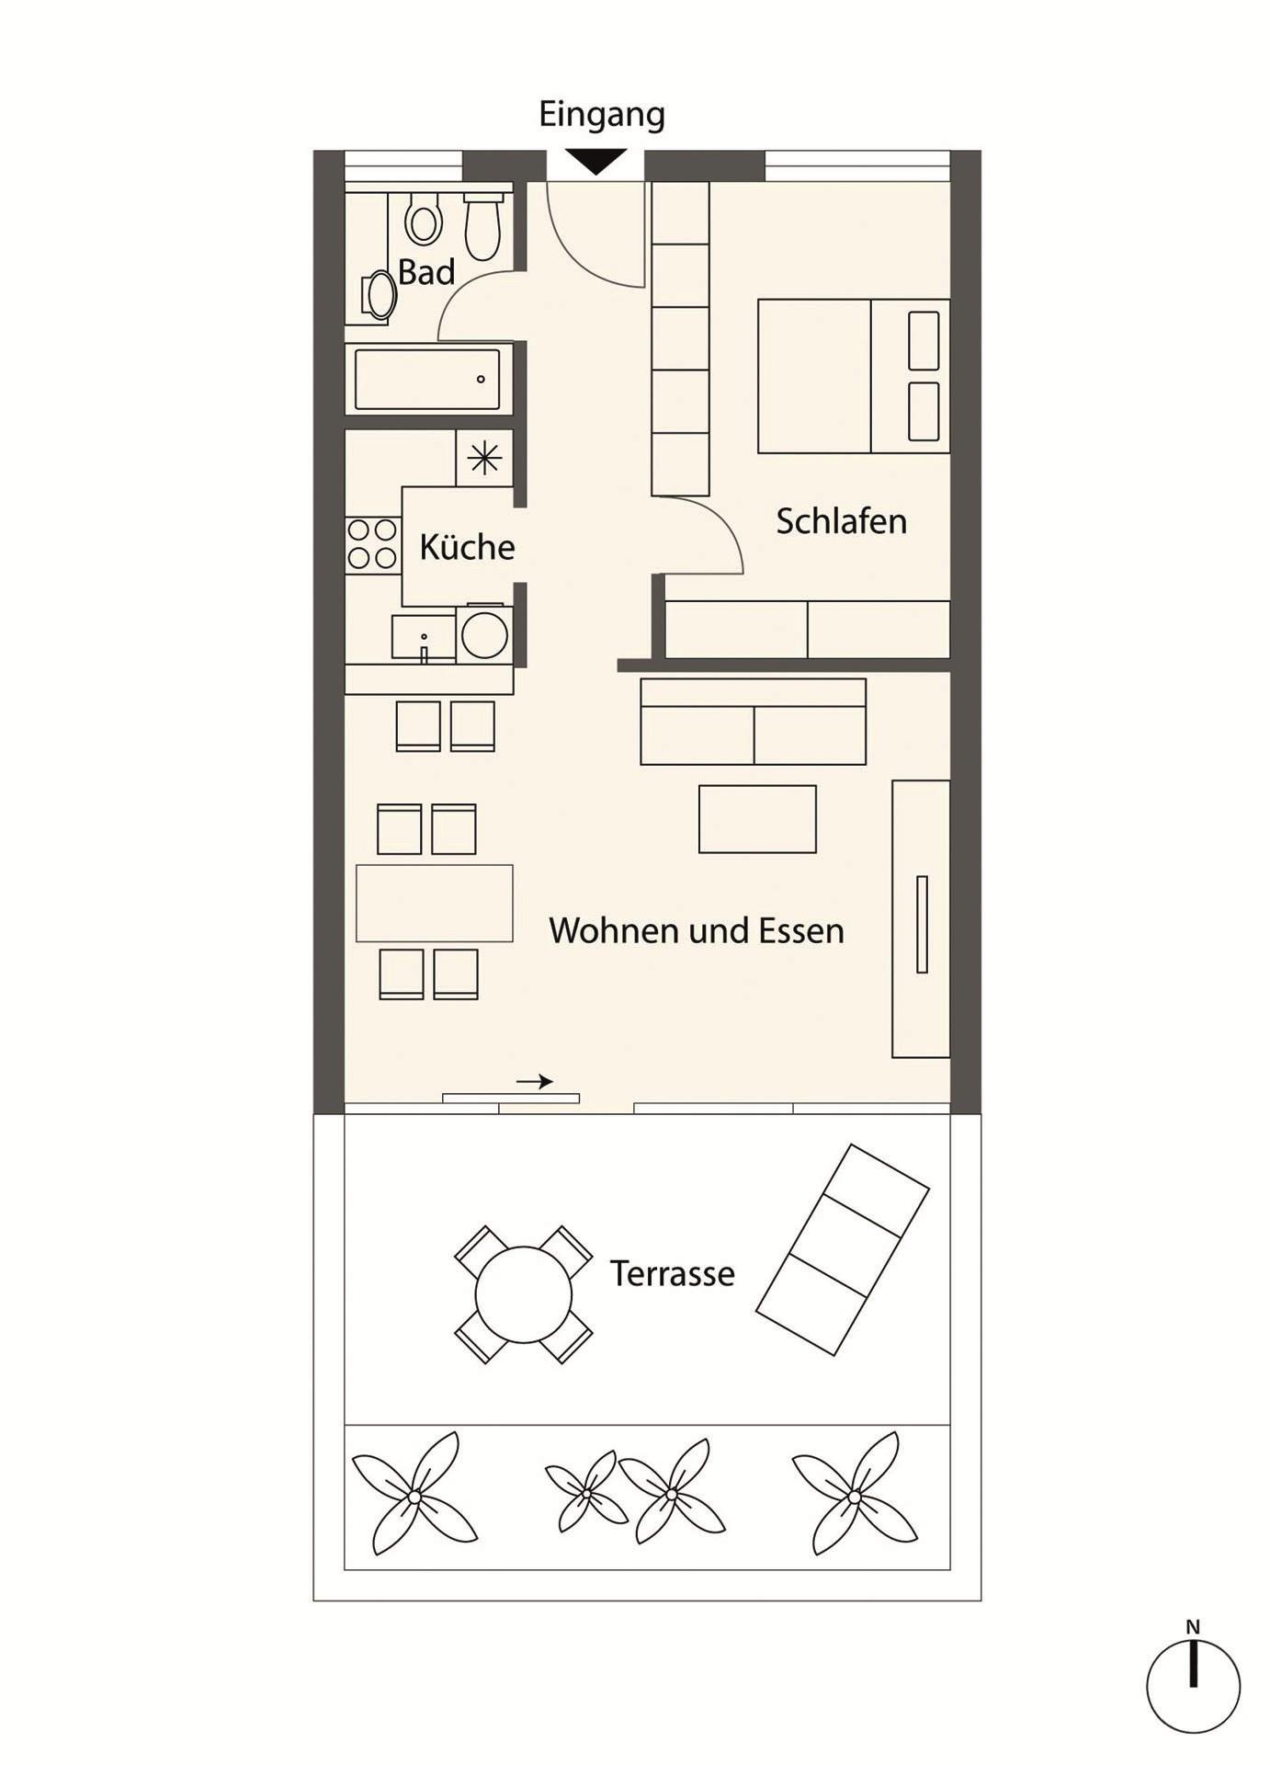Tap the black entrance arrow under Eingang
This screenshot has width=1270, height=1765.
[x=595, y=162]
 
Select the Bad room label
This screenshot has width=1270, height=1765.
[x=426, y=272]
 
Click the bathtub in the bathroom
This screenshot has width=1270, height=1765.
[x=427, y=379]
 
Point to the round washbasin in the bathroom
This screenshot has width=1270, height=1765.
[x=379, y=295]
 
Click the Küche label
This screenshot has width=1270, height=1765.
[x=467, y=547]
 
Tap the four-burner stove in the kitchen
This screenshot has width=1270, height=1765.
[x=373, y=544]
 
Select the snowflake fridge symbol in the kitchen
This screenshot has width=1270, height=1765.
[x=484, y=458]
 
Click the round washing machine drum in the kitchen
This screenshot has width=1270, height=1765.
[x=484, y=632]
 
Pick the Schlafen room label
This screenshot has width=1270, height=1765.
[x=841, y=521]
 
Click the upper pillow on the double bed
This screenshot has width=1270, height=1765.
[x=924, y=341]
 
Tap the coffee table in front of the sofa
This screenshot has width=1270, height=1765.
[x=757, y=819]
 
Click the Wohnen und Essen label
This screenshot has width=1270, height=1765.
[x=697, y=930]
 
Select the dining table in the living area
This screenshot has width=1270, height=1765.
[x=435, y=903]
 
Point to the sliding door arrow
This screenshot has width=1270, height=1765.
[x=535, y=1081]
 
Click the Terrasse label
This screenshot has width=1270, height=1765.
[x=673, y=1273]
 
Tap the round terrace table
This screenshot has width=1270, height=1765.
[x=523, y=1294]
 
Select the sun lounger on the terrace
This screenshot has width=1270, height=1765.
[x=843, y=1249]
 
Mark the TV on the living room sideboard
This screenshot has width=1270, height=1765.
[x=922, y=924]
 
